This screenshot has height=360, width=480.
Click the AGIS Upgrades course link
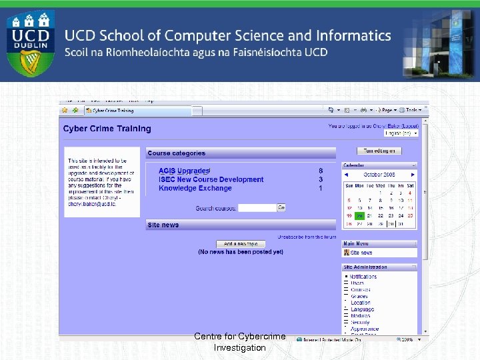[184, 171]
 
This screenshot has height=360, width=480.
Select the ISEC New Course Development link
[211, 179]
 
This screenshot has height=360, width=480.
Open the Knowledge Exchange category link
[195, 188]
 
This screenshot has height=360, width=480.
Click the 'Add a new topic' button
[241, 244]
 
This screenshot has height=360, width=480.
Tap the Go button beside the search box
[281, 208]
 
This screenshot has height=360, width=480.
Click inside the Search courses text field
[257, 208]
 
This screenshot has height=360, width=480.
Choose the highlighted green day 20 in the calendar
[359, 215]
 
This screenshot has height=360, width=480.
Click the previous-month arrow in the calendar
[347, 175]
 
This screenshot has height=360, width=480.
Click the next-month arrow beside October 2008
[413, 175]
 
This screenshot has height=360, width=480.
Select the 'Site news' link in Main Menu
[361, 253]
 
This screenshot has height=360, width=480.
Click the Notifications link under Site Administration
[363, 277]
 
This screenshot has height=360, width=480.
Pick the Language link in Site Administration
[362, 309]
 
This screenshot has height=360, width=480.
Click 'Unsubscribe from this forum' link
[307, 237]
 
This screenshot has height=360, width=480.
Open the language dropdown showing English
[402, 133]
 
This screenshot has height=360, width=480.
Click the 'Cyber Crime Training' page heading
[107, 129]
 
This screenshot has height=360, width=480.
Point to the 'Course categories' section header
[176, 153]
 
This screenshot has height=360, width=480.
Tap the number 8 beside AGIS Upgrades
[321, 171]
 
